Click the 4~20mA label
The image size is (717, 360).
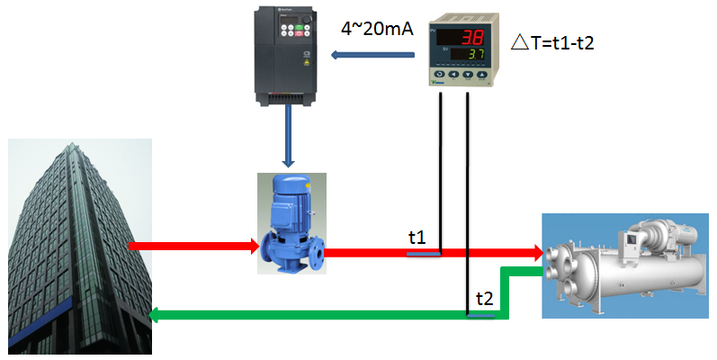tap(378, 30)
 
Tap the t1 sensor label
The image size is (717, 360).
tap(417, 238)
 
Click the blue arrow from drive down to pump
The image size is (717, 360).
tap(288, 135)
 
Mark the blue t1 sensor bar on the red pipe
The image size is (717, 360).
tap(423, 254)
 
